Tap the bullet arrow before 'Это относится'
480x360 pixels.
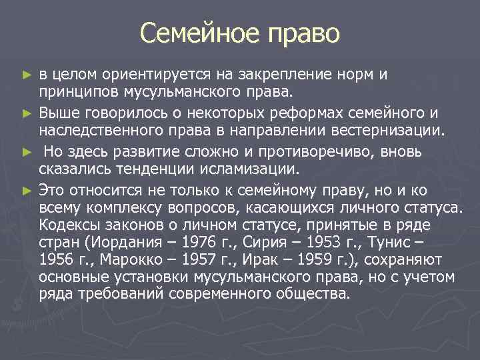[27, 190]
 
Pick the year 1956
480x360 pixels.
[57, 259]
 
